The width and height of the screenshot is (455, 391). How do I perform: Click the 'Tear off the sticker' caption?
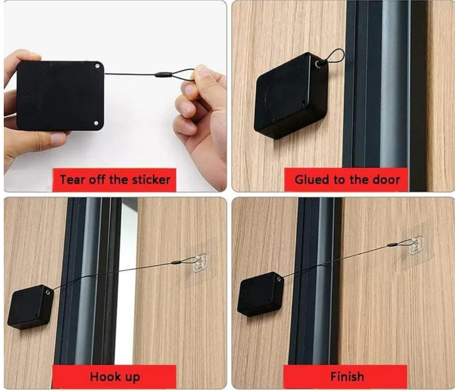point(114,180)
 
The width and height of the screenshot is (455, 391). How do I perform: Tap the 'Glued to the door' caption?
point(347,180)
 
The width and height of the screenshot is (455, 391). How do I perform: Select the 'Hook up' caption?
point(114,377)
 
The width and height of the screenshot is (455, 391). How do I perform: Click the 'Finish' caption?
point(346,377)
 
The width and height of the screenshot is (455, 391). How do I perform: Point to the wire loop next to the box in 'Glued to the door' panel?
point(335,58)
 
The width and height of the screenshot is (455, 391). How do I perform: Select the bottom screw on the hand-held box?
point(96,123)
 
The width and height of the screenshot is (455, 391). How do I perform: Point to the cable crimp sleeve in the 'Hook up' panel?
point(177,263)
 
